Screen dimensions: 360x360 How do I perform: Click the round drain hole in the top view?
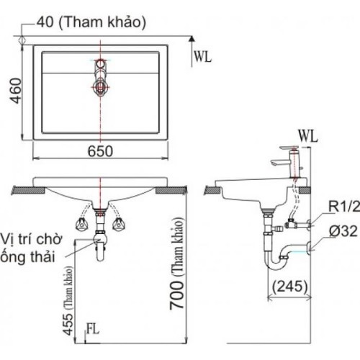click(x=100, y=89)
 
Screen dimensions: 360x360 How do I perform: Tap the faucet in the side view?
click(x=287, y=159)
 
